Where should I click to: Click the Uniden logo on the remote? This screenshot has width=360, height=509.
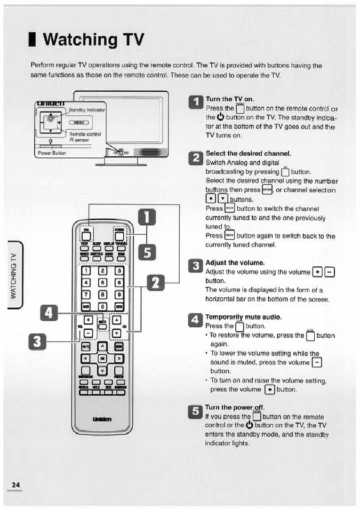(x=102, y=419)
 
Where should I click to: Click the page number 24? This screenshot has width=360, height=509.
(x=15, y=484)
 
